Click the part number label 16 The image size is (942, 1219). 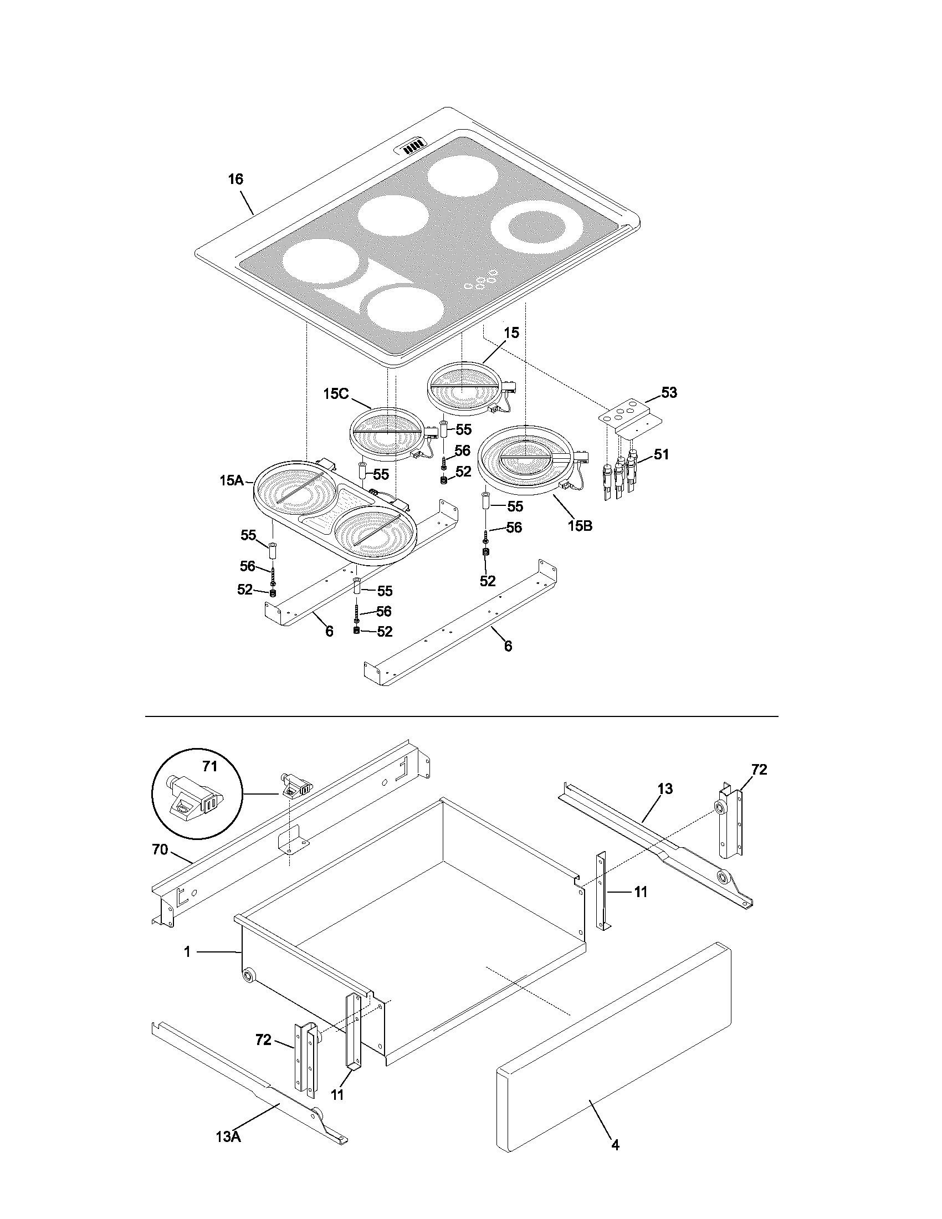(235, 179)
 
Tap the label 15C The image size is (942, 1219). (336, 393)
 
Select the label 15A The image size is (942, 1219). (232, 480)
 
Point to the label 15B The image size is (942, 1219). (580, 525)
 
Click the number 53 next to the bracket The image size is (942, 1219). (669, 392)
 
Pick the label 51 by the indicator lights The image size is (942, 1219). (661, 454)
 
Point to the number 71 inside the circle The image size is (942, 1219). (209, 766)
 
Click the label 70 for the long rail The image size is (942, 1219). (160, 849)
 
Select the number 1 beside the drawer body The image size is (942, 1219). (187, 952)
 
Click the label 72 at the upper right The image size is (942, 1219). (759, 770)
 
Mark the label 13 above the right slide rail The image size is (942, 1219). (665, 788)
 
